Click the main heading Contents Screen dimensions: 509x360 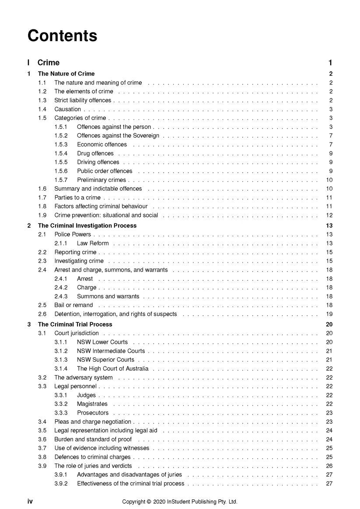click(62, 35)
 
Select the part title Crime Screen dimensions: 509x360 click(49, 63)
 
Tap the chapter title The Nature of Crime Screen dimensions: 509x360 click(66, 74)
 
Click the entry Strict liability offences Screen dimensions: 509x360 click(83, 101)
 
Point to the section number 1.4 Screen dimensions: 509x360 click(42, 109)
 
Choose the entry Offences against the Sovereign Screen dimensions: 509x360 click(118, 136)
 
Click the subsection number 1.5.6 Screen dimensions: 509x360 click(61, 171)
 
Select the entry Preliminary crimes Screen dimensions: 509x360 click(101, 180)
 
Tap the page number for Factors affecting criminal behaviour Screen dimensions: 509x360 click(329, 206)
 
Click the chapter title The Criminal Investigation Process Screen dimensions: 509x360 click(87, 226)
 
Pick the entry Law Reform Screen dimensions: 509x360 click(93, 244)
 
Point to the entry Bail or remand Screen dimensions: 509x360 click(73, 305)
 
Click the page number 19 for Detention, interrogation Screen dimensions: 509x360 click(329, 314)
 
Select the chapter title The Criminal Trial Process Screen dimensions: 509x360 click(75, 324)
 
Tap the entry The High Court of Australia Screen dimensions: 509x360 click(113, 369)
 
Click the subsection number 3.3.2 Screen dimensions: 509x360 click(61, 404)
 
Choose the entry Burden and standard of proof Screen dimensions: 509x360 click(93, 439)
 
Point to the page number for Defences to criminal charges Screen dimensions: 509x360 click(329, 457)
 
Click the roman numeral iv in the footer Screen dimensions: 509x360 click(31, 502)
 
